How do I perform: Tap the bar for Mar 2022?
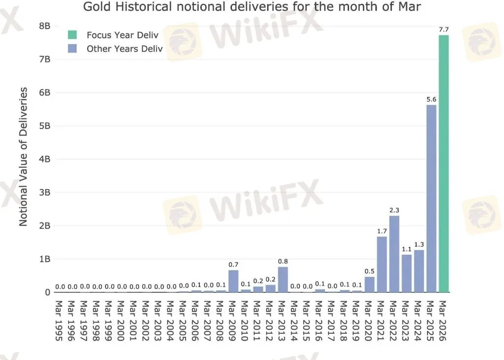[394, 254]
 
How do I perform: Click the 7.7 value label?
[444, 30]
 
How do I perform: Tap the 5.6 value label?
[431, 99]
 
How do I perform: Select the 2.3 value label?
[394, 210]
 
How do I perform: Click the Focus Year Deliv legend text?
[122, 35]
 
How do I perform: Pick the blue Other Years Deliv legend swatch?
[72, 49]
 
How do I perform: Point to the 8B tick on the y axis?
[44, 26]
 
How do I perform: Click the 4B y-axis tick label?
[44, 159]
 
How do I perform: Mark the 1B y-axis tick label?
[44, 259]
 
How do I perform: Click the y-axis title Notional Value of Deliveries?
[23, 156]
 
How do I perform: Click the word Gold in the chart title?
[94, 7]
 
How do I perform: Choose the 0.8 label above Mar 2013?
[283, 262]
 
